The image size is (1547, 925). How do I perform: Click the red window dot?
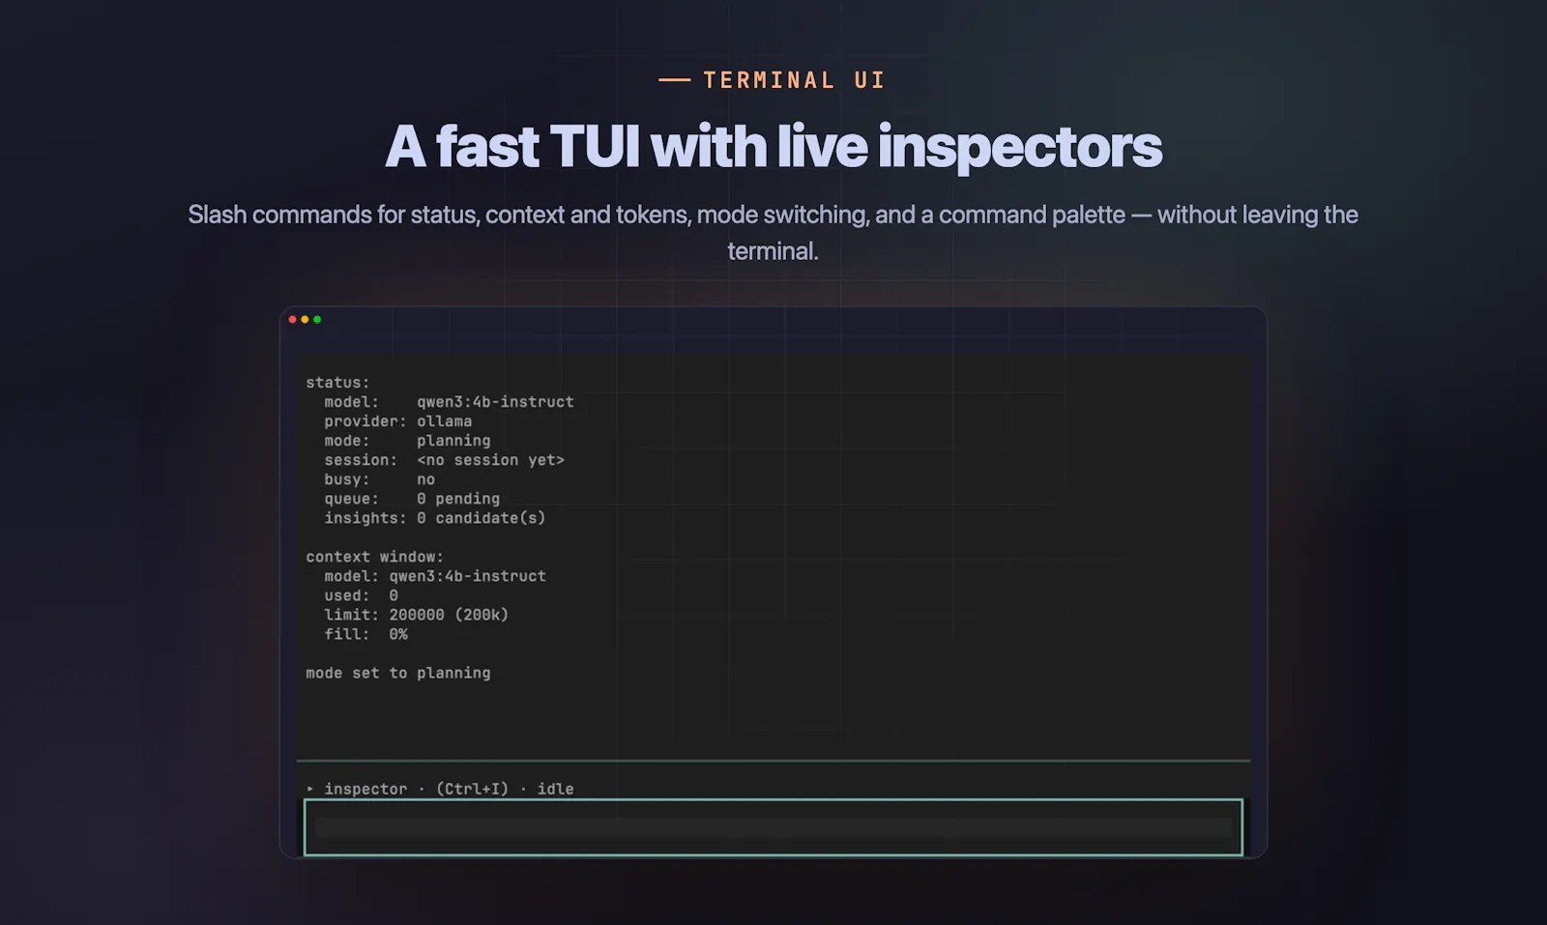[292, 320]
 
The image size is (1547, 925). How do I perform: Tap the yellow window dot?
[305, 320]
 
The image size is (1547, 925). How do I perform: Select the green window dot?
[317, 320]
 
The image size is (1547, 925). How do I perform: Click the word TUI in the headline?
[594, 146]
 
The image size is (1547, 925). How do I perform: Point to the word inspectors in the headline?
[1020, 148]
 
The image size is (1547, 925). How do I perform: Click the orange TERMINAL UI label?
[794, 80]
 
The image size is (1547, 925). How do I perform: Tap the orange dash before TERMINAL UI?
[675, 80]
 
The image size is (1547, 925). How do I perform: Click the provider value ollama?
[444, 421]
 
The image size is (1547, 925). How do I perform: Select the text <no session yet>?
[490, 460]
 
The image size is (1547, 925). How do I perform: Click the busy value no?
[425, 479]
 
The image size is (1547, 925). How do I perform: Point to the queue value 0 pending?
[458, 499]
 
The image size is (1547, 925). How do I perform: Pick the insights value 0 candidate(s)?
[481, 518]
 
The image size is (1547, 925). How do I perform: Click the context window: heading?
[374, 557]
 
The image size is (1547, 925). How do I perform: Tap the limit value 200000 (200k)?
[449, 615]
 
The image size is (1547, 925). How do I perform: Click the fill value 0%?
[397, 634]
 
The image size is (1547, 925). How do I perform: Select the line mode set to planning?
[397, 673]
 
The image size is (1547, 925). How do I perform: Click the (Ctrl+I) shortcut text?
[472, 789]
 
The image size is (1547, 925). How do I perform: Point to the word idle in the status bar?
[555, 789]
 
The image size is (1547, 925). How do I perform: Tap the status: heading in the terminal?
[337, 383]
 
